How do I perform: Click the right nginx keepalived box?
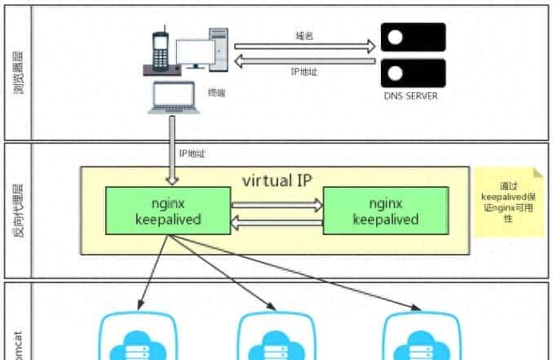click(x=385, y=211)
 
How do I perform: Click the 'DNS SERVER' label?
click(x=412, y=96)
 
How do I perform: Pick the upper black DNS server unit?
click(x=413, y=38)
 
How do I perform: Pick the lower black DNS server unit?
click(x=413, y=73)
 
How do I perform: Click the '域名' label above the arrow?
click(x=304, y=36)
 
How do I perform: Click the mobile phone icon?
click(x=158, y=50)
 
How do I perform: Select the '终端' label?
click(x=216, y=93)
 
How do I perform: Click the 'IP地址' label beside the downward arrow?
click(x=192, y=153)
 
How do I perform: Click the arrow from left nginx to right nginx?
click(x=277, y=206)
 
